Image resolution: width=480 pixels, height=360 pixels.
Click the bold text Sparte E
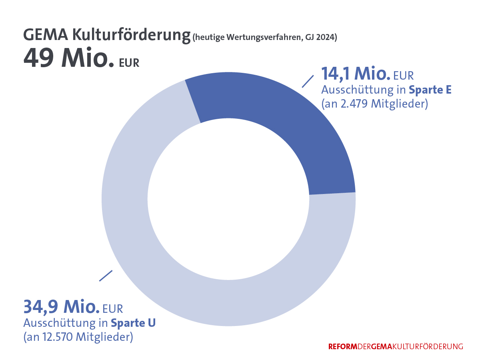click(430, 90)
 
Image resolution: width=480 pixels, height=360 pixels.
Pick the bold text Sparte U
click(133, 322)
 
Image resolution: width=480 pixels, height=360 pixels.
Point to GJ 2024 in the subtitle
click(320, 38)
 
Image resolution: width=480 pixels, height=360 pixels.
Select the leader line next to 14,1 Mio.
click(307, 81)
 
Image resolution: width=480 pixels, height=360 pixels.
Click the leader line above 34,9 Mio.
click(106, 276)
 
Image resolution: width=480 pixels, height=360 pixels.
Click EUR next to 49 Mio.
click(129, 63)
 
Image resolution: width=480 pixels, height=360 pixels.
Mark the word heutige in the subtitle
click(210, 38)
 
